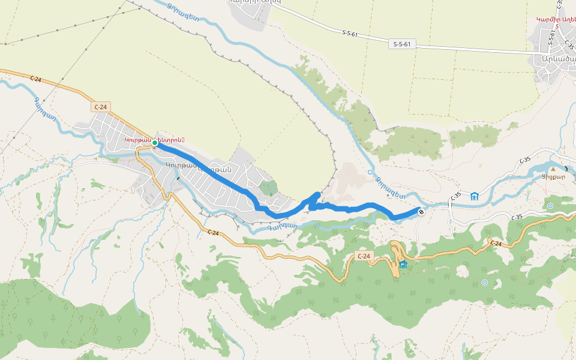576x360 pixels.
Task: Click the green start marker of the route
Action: click(155, 143)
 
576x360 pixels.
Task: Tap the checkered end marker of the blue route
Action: click(422, 211)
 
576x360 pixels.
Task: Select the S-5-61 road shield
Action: click(403, 44)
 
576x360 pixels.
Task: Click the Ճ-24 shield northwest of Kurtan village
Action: click(101, 107)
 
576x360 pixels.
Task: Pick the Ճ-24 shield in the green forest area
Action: click(363, 256)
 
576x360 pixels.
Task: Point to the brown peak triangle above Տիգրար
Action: click(553, 169)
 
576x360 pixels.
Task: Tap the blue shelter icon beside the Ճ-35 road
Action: click(475, 196)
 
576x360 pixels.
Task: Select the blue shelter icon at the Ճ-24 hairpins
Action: click(403, 265)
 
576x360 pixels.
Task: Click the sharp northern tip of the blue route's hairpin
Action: click(318, 194)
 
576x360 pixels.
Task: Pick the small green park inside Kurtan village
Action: click(268, 188)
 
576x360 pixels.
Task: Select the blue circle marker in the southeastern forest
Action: click(485, 282)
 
